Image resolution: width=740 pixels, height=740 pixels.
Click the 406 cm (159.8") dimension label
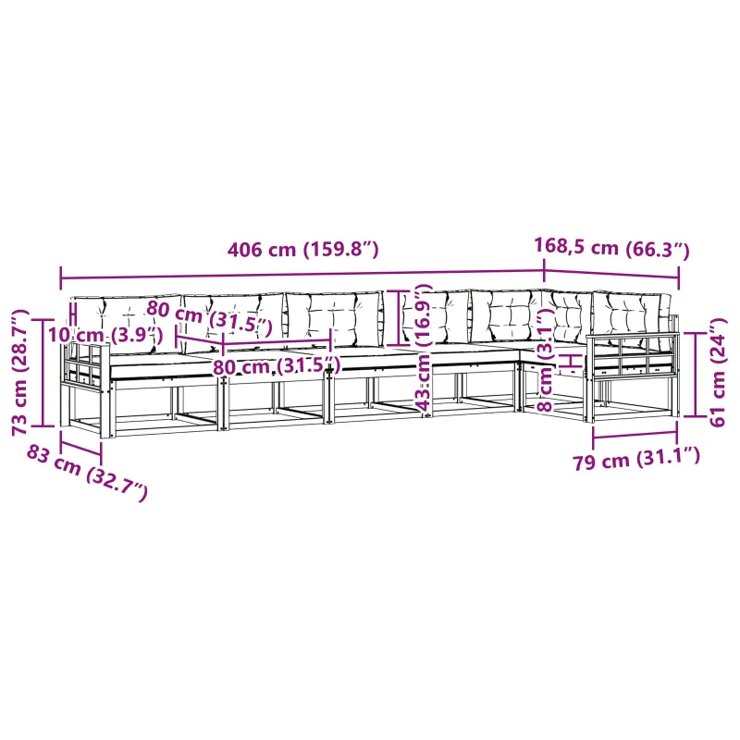[x=303, y=249]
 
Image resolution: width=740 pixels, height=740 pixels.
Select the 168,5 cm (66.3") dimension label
[x=611, y=248]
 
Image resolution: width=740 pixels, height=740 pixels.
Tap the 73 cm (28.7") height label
[x=20, y=373]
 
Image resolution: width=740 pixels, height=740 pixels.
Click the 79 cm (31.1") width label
[x=636, y=459]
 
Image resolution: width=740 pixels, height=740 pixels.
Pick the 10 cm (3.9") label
[x=105, y=335]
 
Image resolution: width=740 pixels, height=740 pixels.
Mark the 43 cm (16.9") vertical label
[x=424, y=349]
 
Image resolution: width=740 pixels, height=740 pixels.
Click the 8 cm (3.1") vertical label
[x=546, y=360]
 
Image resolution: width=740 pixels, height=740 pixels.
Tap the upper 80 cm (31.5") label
[x=210, y=315]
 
